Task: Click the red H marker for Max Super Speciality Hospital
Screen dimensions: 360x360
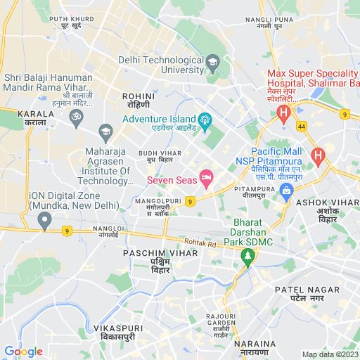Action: click(283, 112)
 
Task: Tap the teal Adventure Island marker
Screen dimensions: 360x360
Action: click(205, 119)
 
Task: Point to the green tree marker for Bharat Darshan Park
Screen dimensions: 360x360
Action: click(246, 257)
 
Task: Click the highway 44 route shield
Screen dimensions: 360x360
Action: click(302, 125)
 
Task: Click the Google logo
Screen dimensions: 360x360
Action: click(23, 352)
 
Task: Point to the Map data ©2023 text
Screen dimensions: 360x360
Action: click(329, 354)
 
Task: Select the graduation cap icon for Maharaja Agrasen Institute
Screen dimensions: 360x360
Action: click(105, 130)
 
